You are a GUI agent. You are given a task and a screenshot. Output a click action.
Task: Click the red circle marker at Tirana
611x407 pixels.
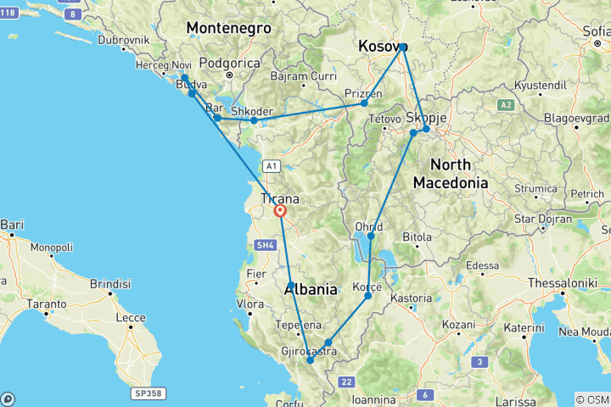(x=279, y=211)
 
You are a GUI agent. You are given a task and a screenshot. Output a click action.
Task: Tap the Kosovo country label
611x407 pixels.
(x=383, y=46)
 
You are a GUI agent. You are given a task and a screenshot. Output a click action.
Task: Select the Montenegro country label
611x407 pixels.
(x=228, y=28)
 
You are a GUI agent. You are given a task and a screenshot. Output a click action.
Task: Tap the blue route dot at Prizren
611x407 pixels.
(x=364, y=103)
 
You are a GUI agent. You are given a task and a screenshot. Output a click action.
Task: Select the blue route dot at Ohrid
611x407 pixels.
(x=371, y=236)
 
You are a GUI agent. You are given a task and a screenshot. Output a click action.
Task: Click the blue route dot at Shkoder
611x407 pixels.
(x=254, y=120)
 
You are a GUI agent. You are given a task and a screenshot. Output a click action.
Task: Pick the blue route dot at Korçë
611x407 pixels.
(x=367, y=295)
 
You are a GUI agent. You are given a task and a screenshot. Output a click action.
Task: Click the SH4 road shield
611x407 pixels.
(x=265, y=245)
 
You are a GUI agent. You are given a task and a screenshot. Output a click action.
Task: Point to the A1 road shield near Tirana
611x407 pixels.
(x=271, y=166)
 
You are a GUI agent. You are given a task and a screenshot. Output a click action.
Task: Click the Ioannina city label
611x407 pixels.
(x=371, y=399)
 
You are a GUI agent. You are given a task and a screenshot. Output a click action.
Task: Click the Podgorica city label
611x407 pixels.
(x=231, y=63)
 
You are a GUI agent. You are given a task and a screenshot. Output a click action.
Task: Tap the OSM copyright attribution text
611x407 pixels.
(x=591, y=399)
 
